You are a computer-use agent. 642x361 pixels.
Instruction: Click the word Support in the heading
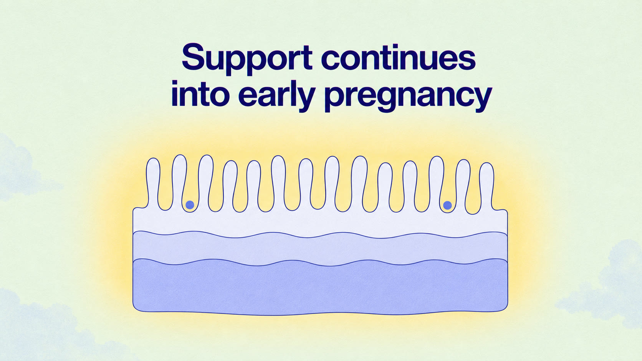pos(247,59)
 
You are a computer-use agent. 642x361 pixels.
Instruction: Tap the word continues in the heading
pos(399,57)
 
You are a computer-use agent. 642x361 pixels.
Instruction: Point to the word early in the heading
pos(276,96)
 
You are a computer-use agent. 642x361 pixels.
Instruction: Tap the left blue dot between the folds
pos(190,205)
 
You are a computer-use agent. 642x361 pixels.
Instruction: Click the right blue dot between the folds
pos(447,205)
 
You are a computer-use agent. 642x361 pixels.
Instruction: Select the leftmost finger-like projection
pos(153,183)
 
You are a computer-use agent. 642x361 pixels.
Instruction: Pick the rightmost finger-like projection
pos(486,186)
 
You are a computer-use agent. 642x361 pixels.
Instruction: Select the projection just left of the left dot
pos(179,182)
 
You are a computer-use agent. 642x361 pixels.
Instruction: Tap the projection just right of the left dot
pos(206,182)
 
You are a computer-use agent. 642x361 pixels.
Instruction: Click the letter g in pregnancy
pos(392,99)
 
